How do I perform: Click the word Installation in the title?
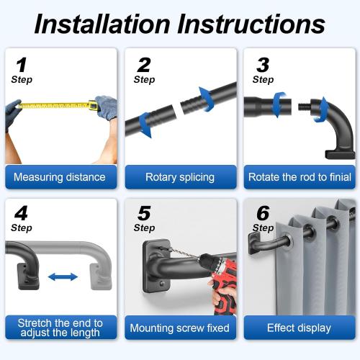(x=102, y=24)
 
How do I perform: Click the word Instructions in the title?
(x=251, y=24)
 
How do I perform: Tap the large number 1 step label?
(x=21, y=65)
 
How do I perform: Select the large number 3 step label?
(x=263, y=65)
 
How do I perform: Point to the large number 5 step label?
(x=144, y=213)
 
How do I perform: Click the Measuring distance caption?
(x=60, y=177)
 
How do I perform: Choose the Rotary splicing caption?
(x=180, y=177)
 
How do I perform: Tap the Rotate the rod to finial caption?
(x=300, y=177)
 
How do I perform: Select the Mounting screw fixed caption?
(x=179, y=328)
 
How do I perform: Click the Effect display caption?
(x=299, y=328)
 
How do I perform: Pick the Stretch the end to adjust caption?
(x=60, y=328)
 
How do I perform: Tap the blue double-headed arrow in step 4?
(x=63, y=277)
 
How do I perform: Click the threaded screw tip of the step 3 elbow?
(x=305, y=107)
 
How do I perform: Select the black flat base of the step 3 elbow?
(x=340, y=155)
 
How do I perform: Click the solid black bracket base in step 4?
(x=28, y=276)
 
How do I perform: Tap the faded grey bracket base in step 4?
(x=101, y=276)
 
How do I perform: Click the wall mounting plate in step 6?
(x=254, y=243)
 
